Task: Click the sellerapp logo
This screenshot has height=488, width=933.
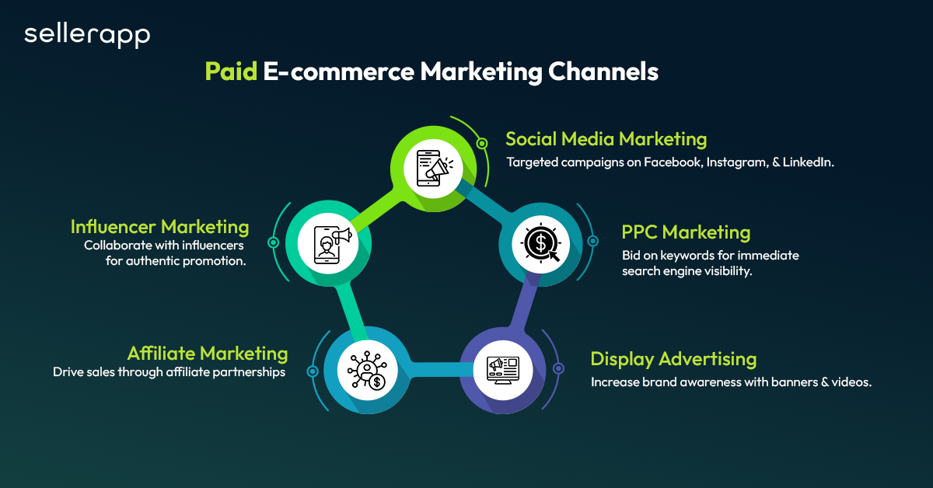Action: tap(87, 34)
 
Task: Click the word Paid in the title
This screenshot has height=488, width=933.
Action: tap(231, 71)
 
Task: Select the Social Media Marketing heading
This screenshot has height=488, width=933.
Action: tap(606, 139)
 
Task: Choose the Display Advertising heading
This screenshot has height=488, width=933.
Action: tap(673, 359)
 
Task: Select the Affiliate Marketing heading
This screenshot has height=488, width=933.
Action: tap(208, 354)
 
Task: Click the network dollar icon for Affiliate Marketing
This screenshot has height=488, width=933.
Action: tap(365, 368)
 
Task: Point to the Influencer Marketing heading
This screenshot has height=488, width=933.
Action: tap(159, 227)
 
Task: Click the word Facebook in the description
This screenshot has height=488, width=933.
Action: tap(666, 163)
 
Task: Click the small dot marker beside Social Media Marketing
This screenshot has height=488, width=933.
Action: tap(482, 143)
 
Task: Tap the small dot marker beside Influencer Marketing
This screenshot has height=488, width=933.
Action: tap(273, 242)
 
